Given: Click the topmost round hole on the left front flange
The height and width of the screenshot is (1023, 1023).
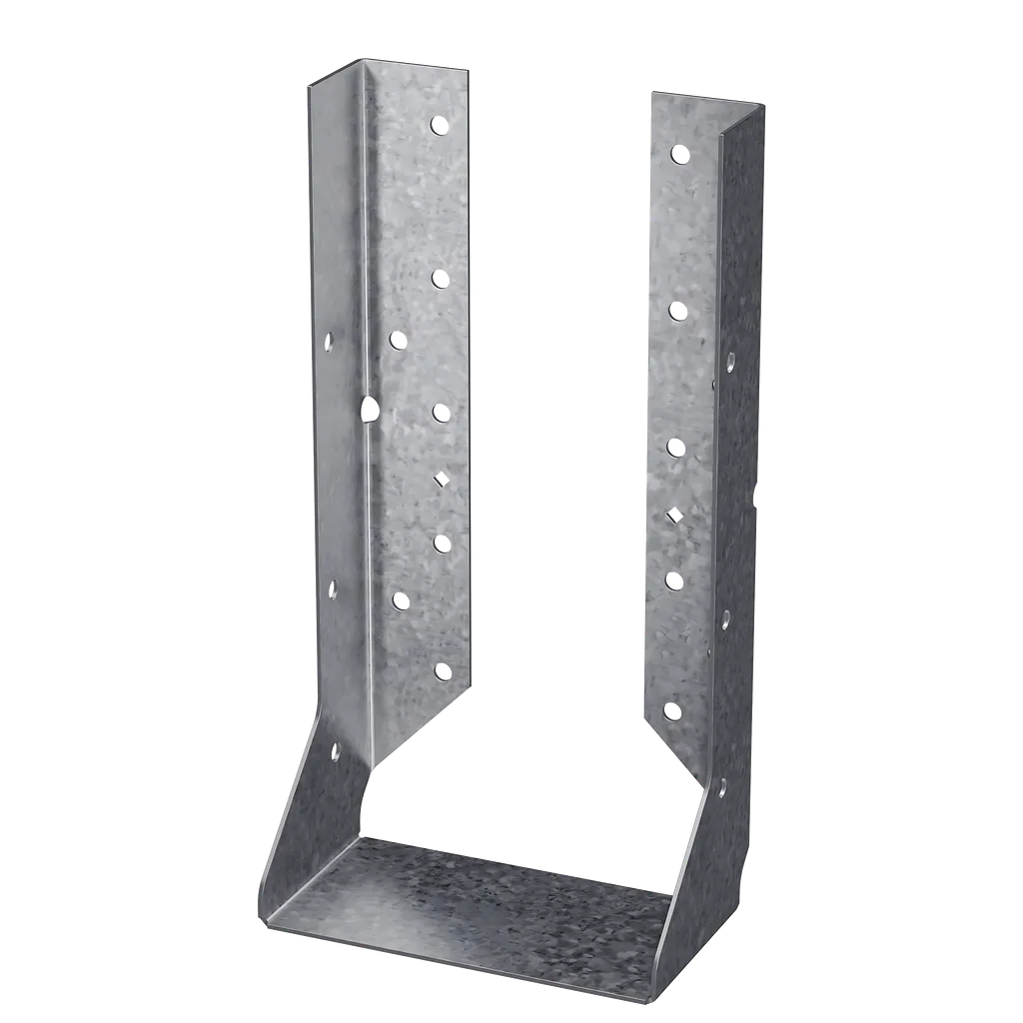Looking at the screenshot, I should pos(438,125).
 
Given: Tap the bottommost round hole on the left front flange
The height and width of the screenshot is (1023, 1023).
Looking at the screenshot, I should pos(443,671).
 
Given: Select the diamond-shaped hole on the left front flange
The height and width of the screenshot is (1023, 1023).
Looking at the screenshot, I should pos(441,480).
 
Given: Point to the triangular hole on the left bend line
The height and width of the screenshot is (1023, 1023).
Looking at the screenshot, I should pos(369,408).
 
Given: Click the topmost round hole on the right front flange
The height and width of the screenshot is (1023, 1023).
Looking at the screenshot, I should pos(679,154).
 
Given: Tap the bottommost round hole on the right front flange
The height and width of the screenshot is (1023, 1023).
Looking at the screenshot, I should pos(672,711).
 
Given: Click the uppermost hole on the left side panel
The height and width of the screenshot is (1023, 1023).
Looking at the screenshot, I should pos(328,342).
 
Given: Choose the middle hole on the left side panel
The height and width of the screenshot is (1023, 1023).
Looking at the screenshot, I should pos(333,589).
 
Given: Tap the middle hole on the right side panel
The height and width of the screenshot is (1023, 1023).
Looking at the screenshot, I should pos(725,616).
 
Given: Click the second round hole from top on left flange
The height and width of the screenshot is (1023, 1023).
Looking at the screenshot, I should pos(439,277).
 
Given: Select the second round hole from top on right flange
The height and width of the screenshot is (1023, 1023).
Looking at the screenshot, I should pos(676,310).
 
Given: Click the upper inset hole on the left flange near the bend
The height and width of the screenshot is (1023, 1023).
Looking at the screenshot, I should pos(398,340).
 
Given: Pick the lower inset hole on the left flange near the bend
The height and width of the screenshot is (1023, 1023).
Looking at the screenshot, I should pos(401,600).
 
